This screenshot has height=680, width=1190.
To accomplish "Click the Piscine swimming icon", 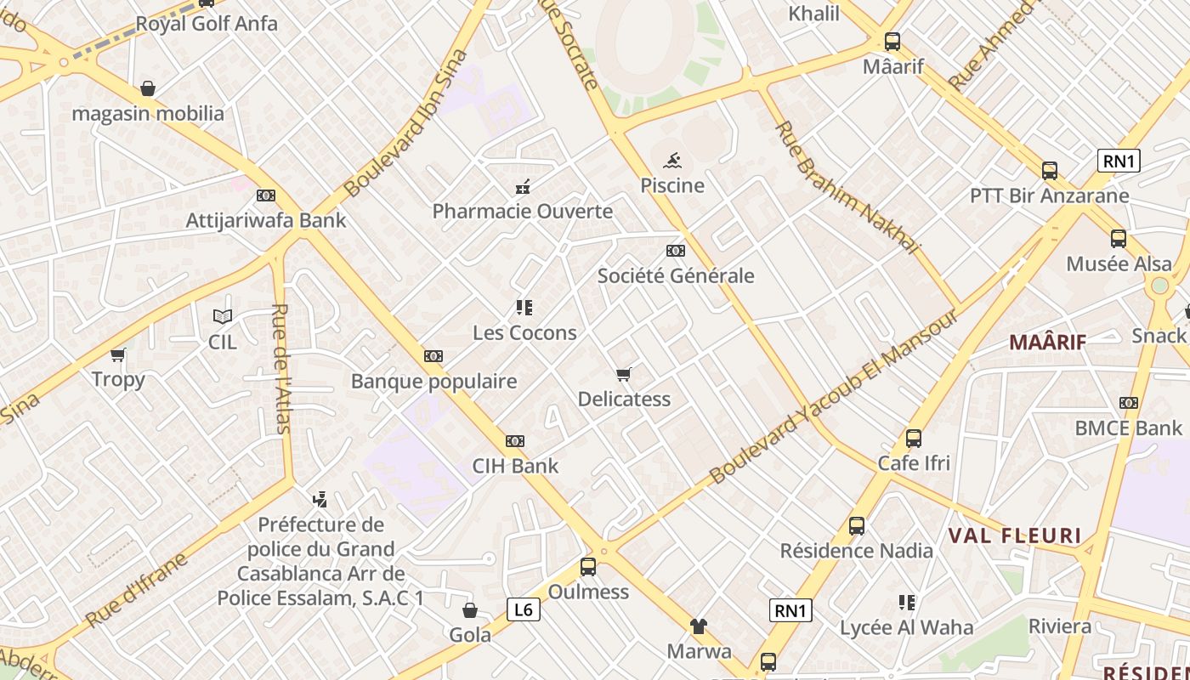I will point(672,161).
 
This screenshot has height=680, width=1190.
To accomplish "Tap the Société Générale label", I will point(676,275).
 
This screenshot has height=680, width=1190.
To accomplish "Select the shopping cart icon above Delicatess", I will point(624,374).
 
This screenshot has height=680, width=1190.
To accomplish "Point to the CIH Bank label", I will point(516,466).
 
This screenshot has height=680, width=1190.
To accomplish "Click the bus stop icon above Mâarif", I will point(892,41).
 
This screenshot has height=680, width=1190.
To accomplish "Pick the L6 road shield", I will point(524,609).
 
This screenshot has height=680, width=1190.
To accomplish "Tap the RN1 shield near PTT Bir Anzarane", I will point(1118,161).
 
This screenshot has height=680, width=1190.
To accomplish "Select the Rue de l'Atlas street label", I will point(282,368).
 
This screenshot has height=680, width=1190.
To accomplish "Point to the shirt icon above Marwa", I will point(699,626).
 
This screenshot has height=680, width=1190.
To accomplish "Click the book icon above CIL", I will point(223,317).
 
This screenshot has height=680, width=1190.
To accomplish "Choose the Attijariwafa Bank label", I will point(266,220).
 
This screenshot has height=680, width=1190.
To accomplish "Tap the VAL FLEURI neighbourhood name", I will point(1014,536).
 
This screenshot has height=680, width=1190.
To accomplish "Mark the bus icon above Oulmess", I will point(588,567).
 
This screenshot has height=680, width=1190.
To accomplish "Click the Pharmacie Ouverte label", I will point(523,211).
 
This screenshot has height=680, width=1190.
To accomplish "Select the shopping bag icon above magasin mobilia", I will point(148,88).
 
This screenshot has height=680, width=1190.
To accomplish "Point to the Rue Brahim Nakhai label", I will point(847,188).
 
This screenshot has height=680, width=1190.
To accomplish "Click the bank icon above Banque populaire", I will point(433,356).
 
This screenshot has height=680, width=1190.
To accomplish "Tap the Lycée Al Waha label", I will point(906,628).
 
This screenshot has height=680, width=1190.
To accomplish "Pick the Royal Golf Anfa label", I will point(207,24).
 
